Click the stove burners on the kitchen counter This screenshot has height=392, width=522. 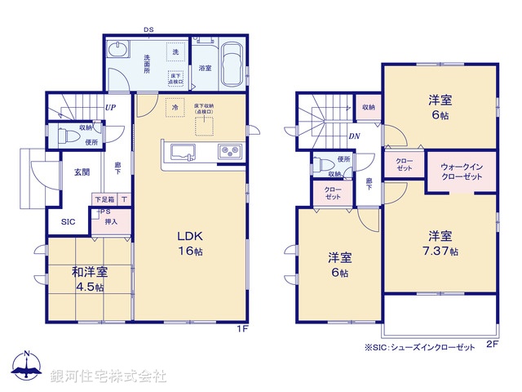coord(228,151)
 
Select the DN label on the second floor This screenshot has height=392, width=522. coord(355,136)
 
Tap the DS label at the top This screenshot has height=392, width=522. coord(148,30)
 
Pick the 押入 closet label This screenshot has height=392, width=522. coord(111,221)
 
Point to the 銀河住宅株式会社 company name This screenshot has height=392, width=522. coord(108,376)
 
